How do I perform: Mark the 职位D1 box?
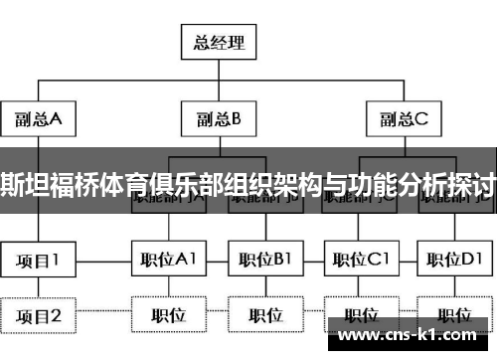click(452, 261)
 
